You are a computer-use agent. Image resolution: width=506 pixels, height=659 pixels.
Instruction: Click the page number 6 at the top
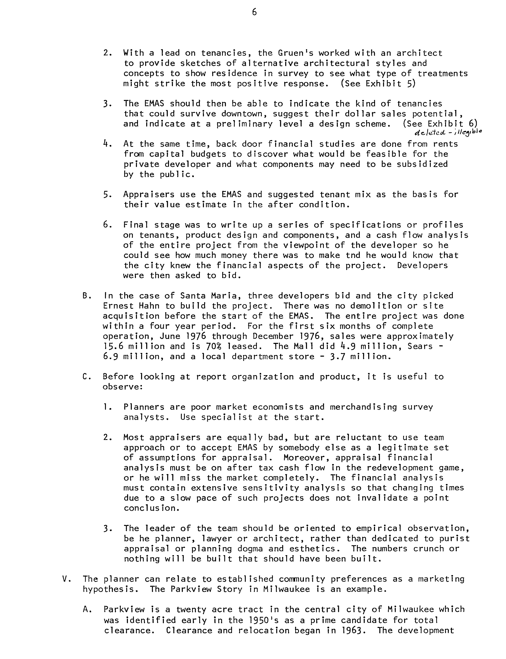[254, 12]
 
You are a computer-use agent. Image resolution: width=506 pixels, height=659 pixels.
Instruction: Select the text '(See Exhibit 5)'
[378, 84]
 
